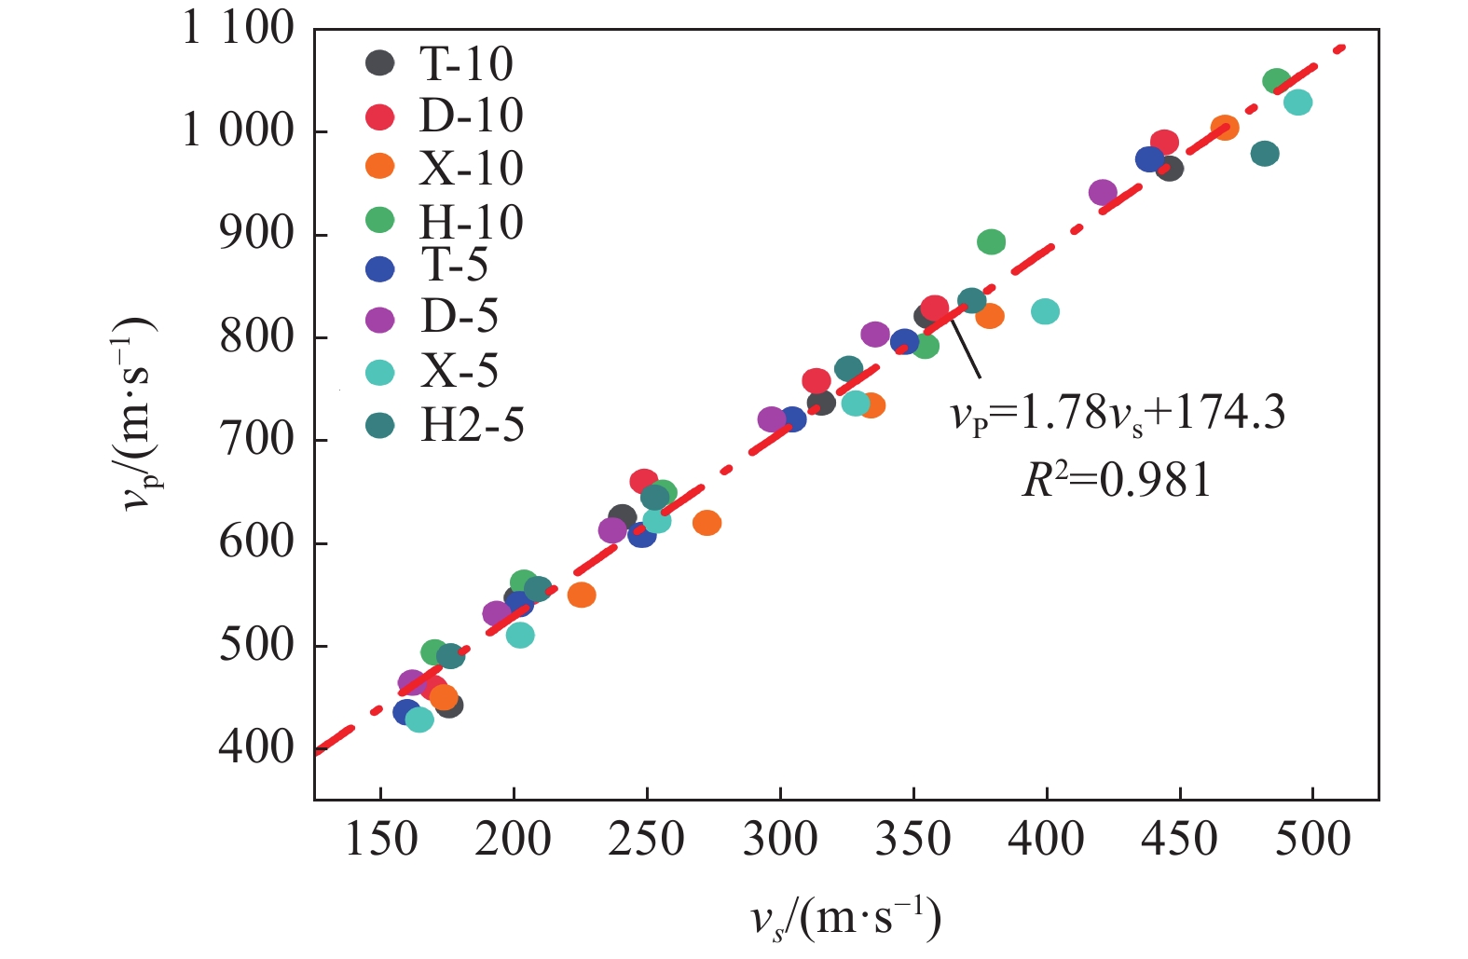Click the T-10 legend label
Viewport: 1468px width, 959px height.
point(466,63)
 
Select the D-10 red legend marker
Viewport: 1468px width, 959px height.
point(379,116)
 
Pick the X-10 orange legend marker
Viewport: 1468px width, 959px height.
point(379,167)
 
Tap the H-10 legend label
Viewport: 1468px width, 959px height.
point(472,222)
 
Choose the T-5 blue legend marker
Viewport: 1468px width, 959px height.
point(379,269)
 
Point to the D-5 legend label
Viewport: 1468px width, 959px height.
point(460,317)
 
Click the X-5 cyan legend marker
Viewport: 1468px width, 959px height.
point(379,373)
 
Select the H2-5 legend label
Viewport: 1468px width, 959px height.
point(473,426)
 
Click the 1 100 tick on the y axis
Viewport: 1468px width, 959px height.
point(238,29)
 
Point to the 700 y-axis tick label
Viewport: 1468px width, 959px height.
point(256,440)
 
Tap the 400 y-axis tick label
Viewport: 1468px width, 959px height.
point(256,747)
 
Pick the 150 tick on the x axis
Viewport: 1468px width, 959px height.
point(380,840)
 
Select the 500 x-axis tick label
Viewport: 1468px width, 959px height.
point(1312,840)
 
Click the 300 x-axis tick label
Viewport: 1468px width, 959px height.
point(780,840)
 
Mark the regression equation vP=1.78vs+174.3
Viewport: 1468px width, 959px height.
point(1118,412)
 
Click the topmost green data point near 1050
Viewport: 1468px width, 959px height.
point(1276,81)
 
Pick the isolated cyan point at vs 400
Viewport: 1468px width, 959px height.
point(1045,311)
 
